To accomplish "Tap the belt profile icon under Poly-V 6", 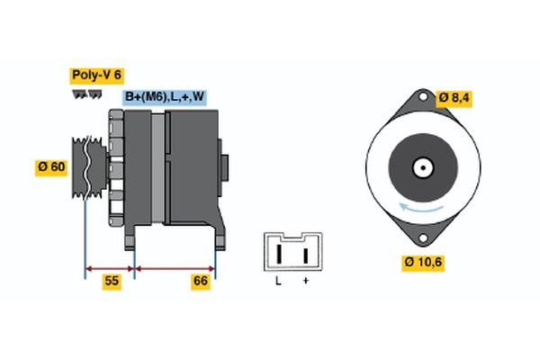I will pyautogui.click(x=86, y=94).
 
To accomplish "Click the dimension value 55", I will pyautogui.click(x=111, y=282).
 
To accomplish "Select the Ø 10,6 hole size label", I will pyautogui.click(x=424, y=263).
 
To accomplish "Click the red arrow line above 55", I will pyautogui.click(x=109, y=267).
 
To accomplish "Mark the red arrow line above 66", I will pyautogui.click(x=175, y=267).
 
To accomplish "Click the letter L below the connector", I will pyautogui.click(x=279, y=282).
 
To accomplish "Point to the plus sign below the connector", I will pyautogui.click(x=306, y=282).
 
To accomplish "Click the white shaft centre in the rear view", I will pyautogui.click(x=421, y=167).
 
